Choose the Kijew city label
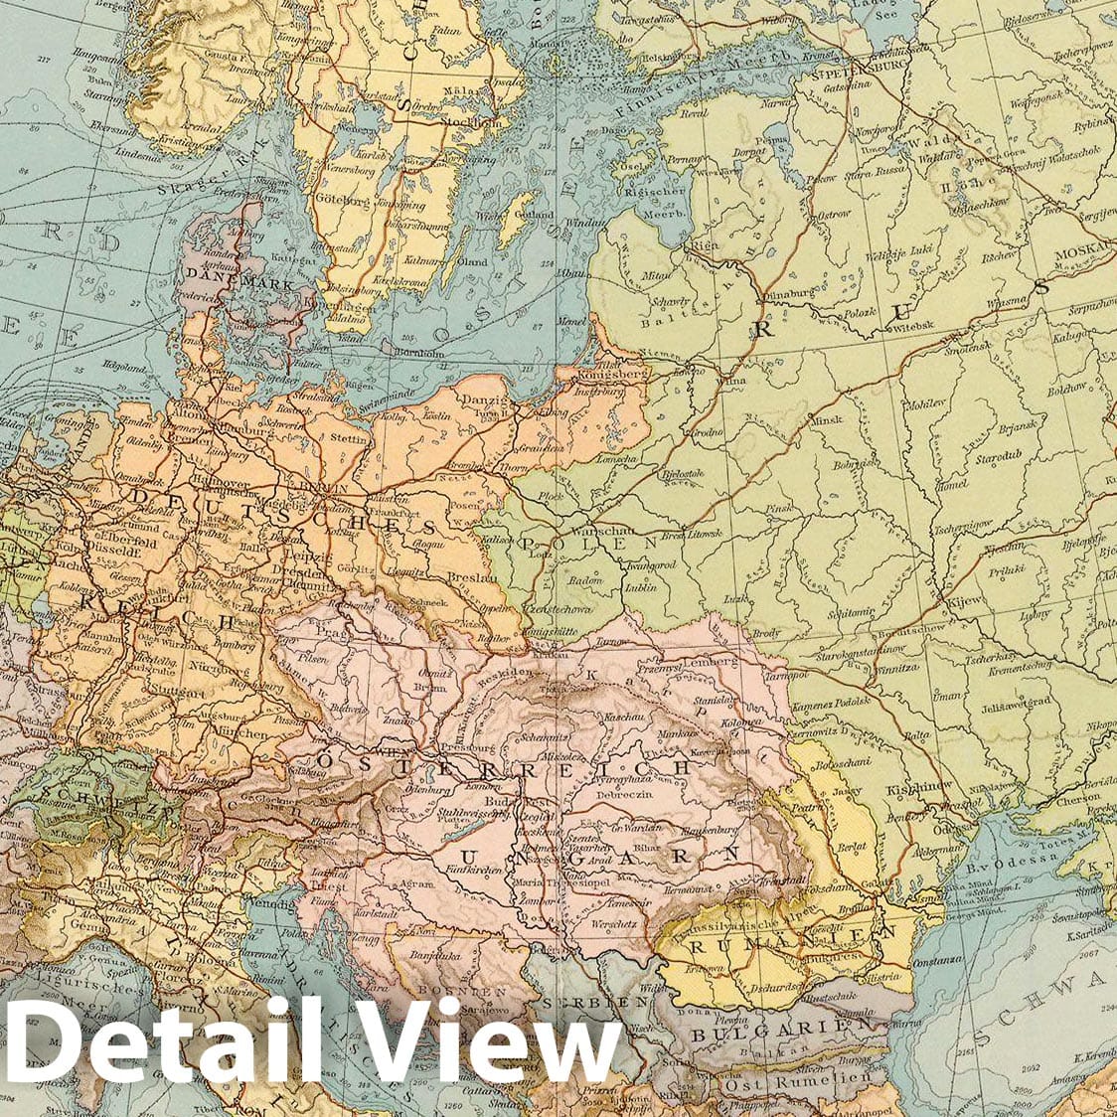pos(963,601)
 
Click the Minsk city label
pos(826,420)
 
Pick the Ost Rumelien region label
pos(800,1079)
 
